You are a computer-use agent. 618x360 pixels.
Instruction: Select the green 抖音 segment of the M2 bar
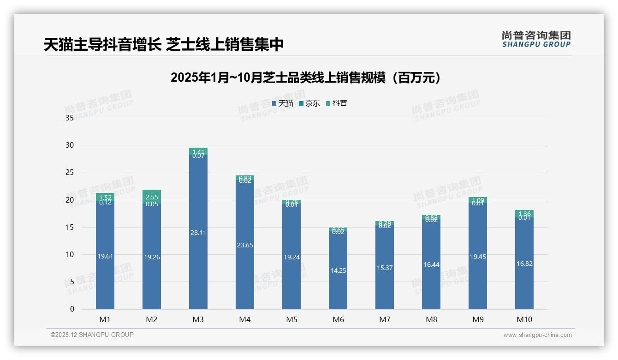click(x=152, y=195)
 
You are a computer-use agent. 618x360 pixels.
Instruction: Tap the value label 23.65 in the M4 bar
click(x=244, y=246)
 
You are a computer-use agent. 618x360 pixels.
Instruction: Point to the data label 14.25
click(x=338, y=271)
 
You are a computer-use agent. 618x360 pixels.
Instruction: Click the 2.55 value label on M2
click(x=152, y=198)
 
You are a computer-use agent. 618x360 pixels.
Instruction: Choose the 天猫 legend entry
click(x=283, y=103)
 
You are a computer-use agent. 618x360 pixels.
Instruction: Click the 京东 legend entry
click(x=309, y=103)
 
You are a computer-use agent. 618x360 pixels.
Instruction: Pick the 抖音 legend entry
click(x=337, y=103)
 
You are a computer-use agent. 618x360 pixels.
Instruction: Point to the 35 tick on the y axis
click(x=70, y=118)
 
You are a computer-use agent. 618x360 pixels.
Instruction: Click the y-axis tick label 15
click(x=70, y=228)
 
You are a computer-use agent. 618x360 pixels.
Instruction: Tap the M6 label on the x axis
click(x=338, y=319)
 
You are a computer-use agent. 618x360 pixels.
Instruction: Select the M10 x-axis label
click(x=524, y=319)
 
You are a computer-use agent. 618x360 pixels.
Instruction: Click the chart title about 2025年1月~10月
click(x=306, y=78)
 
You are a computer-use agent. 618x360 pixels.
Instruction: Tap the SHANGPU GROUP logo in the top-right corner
click(x=536, y=39)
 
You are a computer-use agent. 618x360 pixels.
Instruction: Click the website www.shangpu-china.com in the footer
click(x=537, y=335)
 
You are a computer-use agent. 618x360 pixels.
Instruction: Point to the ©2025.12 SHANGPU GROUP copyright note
click(x=92, y=335)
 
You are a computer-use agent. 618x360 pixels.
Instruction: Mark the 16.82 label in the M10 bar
click(x=524, y=264)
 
